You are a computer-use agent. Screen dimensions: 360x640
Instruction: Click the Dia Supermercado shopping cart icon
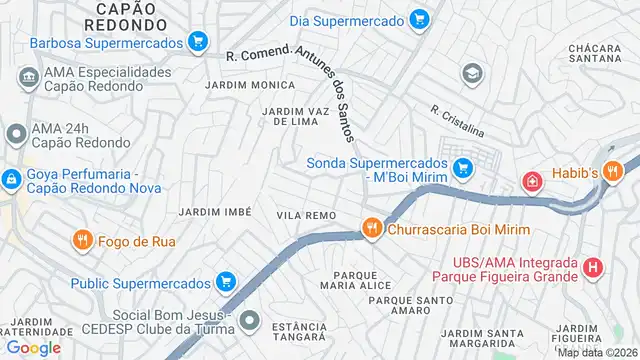419,19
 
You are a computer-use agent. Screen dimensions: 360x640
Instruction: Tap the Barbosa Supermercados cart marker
198,43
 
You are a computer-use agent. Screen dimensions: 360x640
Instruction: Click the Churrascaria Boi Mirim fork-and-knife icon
372,228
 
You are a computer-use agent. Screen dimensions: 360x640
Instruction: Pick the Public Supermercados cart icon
227,282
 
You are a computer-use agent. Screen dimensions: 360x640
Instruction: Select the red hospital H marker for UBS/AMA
593,267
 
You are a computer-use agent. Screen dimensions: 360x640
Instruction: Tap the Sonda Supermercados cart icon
460,170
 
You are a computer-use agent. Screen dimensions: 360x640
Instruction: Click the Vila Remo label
306,215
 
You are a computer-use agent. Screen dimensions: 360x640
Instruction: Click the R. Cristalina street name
457,121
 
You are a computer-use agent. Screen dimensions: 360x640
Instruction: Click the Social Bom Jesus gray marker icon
250,321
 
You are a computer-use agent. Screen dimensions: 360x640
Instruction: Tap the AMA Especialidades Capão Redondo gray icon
27,77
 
